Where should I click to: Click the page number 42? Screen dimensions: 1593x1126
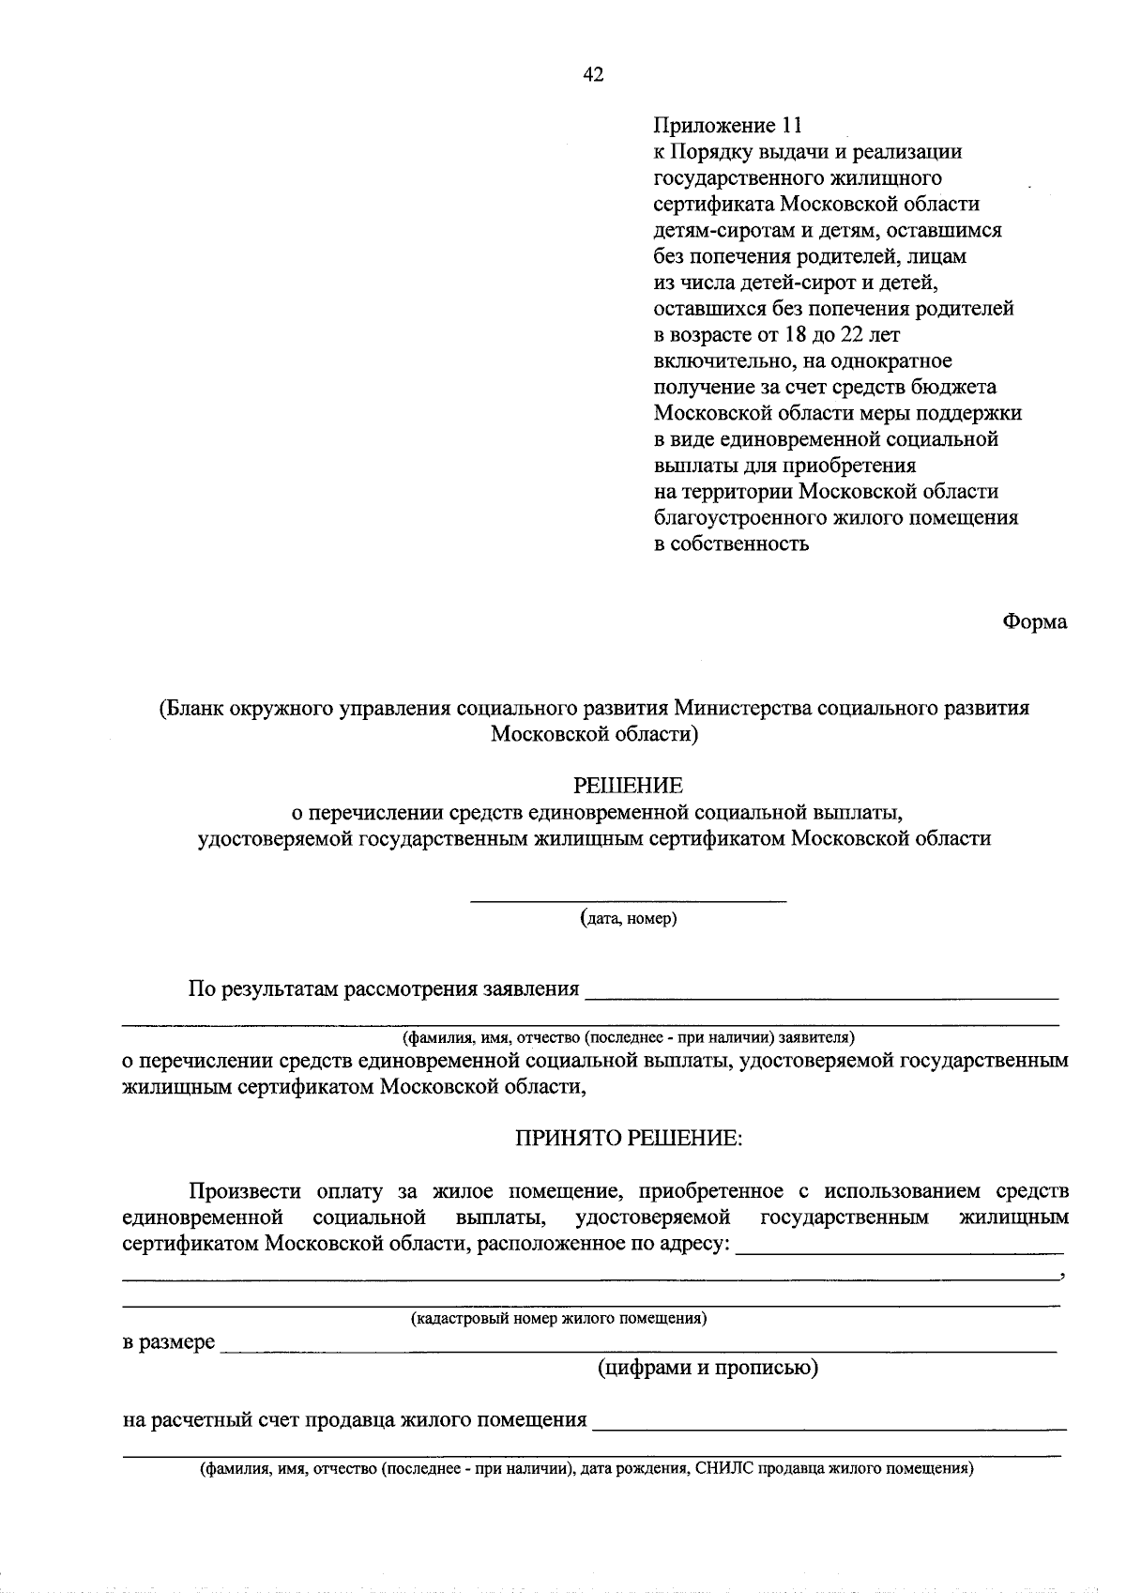pyautogui.click(x=593, y=76)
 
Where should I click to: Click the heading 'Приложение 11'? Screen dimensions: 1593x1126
pyautogui.click(x=728, y=125)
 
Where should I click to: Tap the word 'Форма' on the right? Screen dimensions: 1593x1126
pyautogui.click(x=1034, y=621)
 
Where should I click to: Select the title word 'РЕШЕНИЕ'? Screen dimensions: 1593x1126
pyautogui.click(x=628, y=784)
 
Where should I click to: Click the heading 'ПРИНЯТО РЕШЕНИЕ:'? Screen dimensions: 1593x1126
pyautogui.click(x=628, y=1139)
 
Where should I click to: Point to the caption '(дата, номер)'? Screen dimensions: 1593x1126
pyautogui.click(x=628, y=918)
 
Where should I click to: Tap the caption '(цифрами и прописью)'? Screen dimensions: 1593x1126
pyautogui.click(x=708, y=1368)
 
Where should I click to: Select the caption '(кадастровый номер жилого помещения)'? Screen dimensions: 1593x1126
pyautogui.click(x=558, y=1318)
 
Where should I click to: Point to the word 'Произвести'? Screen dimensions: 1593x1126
pyautogui.click(x=245, y=1192)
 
